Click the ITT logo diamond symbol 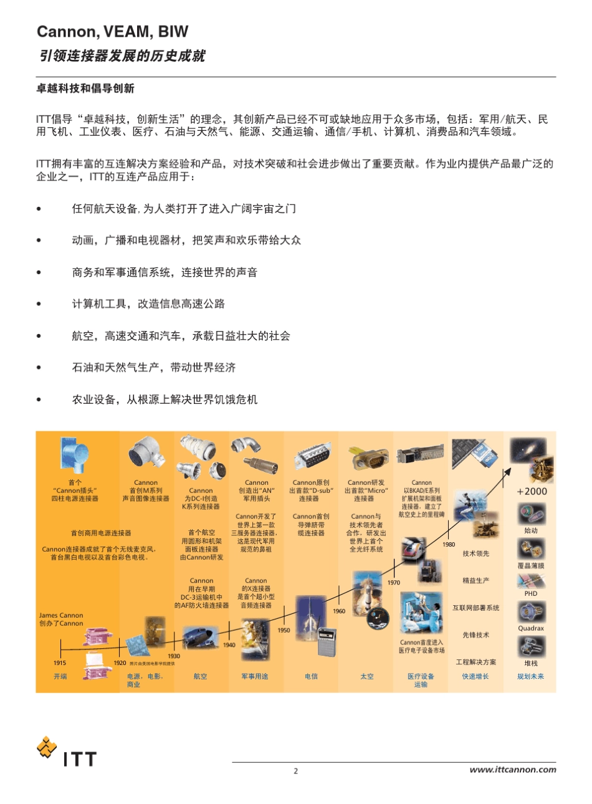click(46, 746)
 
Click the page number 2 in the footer click(296, 771)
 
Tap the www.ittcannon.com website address click(512, 770)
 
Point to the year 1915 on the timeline click(60, 663)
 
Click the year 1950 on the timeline click(284, 630)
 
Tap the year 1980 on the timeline click(449, 544)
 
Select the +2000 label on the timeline click(532, 491)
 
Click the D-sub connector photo click(311, 459)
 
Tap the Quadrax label click(531, 628)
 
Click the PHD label click(531, 593)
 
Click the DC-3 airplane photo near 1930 click(200, 638)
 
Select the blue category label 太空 click(367, 676)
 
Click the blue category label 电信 click(311, 676)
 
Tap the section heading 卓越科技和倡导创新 click(85, 89)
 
